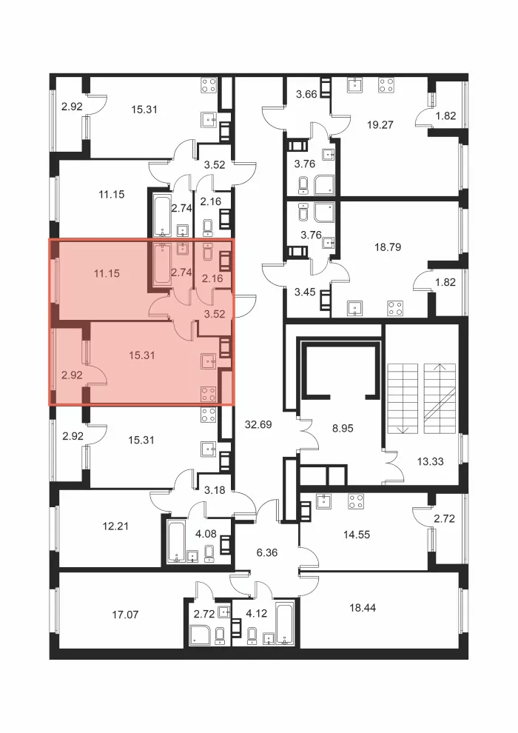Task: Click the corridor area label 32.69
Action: [x=258, y=425]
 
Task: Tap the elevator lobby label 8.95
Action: [x=343, y=428]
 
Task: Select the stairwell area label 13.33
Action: [x=430, y=461]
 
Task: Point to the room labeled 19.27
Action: [x=380, y=125]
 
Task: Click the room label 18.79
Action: [x=388, y=247]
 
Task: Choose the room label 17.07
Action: [x=125, y=615]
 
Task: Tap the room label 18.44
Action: [x=363, y=608]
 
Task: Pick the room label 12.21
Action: [x=115, y=526]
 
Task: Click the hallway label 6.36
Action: [x=267, y=552]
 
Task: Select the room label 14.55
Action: [x=357, y=535]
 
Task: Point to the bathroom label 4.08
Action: [x=206, y=533]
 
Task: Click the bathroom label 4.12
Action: [x=257, y=613]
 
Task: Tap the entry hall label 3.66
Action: [x=307, y=94]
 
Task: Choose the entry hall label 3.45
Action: [x=305, y=292]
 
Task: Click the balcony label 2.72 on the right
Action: [x=444, y=518]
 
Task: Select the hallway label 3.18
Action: [x=215, y=490]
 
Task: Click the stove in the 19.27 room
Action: [x=386, y=84]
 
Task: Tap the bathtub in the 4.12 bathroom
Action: [x=283, y=623]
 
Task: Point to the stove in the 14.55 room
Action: [x=356, y=501]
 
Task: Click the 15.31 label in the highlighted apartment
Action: [x=142, y=355]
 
